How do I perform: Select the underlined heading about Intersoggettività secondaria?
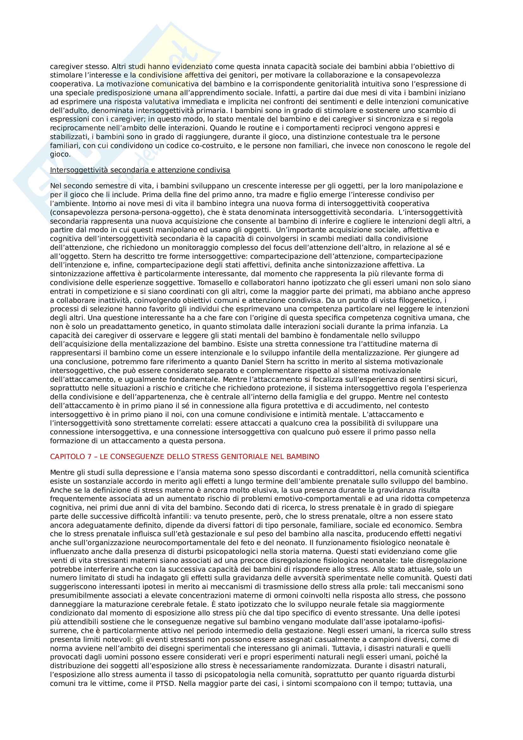[x=140, y=170]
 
